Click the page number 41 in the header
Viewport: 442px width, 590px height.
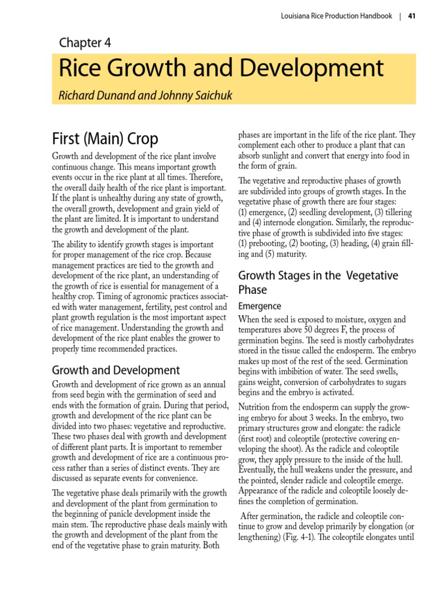tap(411, 16)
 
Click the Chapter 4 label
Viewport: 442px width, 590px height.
tap(85, 43)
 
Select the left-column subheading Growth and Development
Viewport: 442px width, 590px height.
tap(116, 370)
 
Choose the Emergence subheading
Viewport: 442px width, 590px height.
tap(260, 306)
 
